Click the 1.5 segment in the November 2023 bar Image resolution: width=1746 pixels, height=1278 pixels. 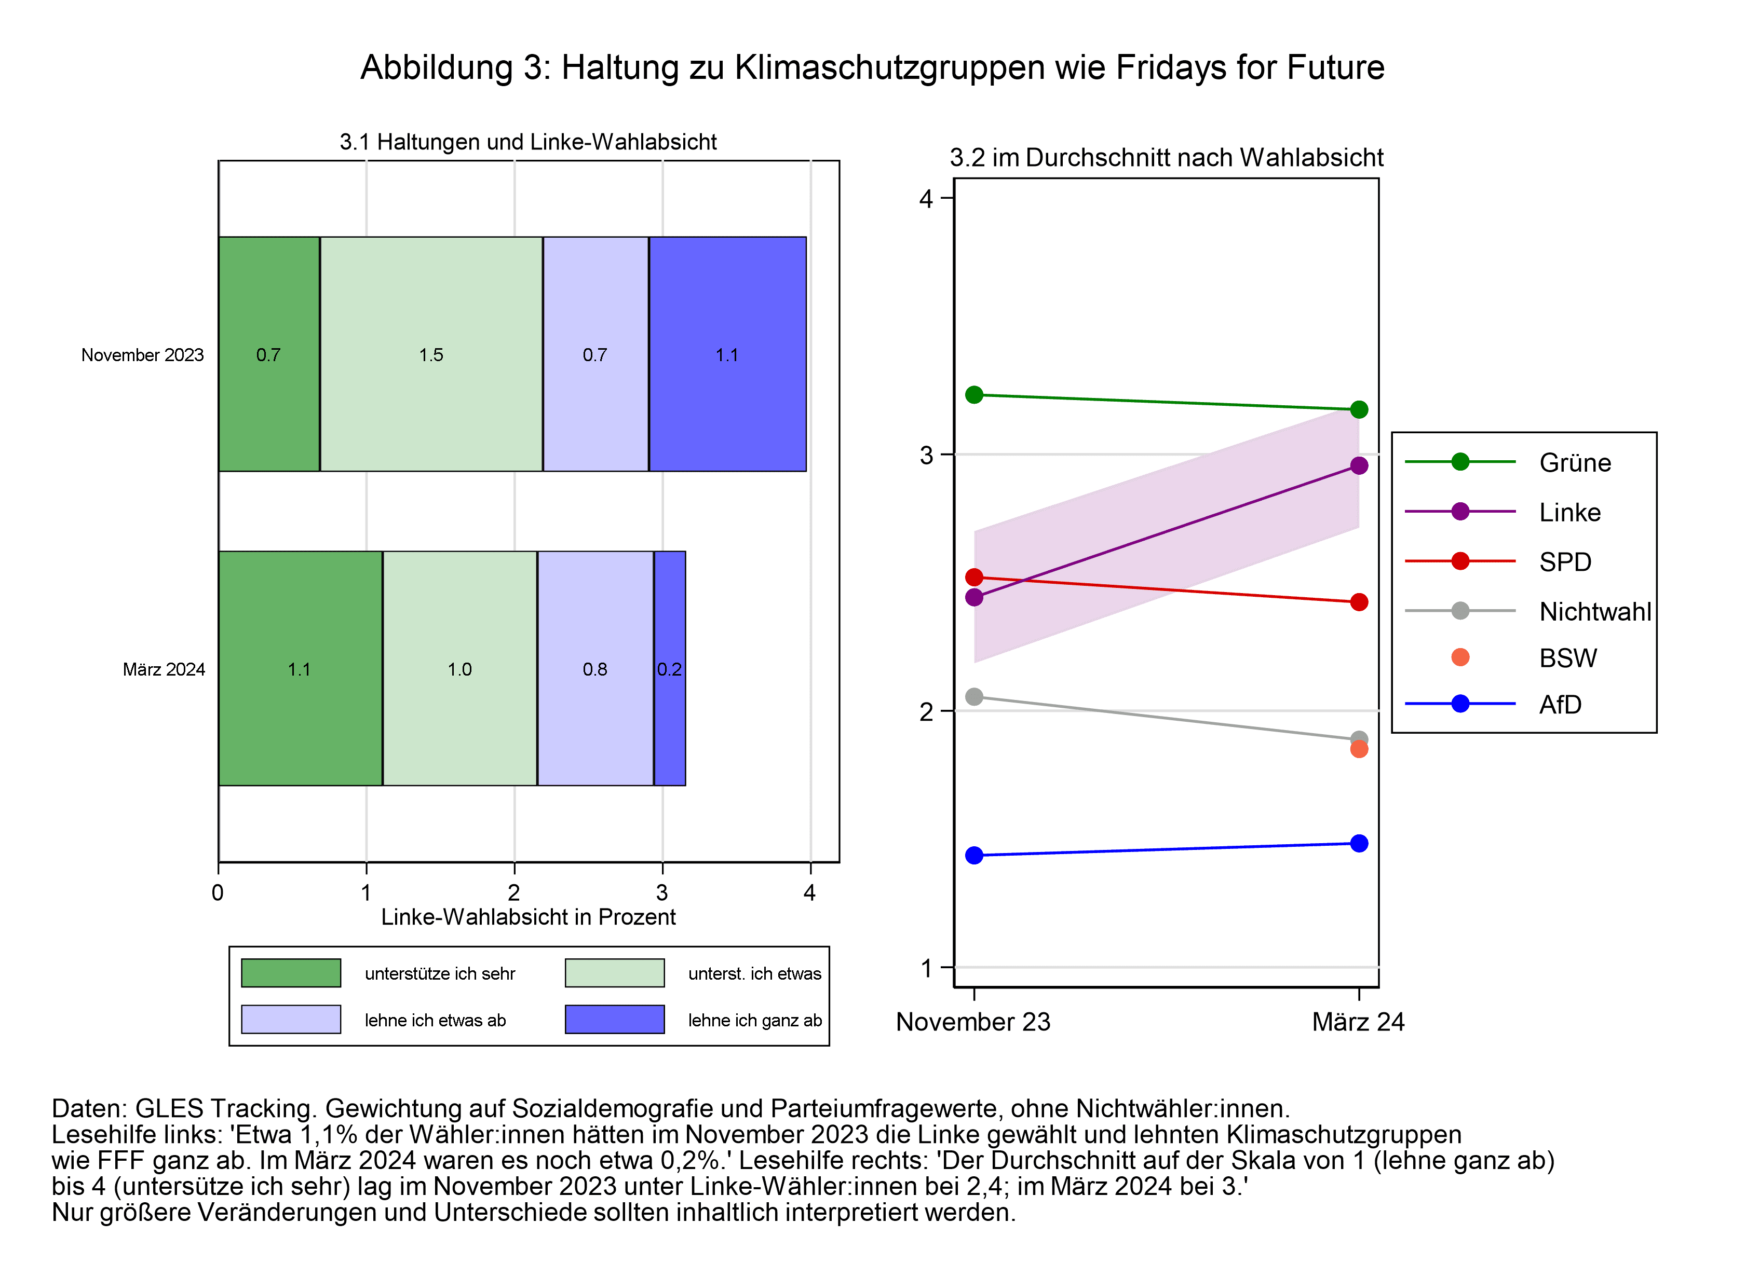(x=431, y=354)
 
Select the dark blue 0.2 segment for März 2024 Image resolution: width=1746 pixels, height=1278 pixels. (x=669, y=668)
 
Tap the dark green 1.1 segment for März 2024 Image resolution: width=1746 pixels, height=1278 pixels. (x=300, y=668)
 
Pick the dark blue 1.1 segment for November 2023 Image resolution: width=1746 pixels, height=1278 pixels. (x=727, y=354)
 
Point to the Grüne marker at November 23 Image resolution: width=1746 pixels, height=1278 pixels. (x=974, y=394)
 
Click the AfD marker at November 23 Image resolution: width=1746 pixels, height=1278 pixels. (x=974, y=855)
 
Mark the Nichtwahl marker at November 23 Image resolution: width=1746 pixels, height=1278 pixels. (x=974, y=697)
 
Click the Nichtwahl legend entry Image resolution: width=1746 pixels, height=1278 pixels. (x=1594, y=611)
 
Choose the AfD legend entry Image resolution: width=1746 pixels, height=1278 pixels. (x=1560, y=704)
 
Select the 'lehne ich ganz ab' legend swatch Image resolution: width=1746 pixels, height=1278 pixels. (x=615, y=1019)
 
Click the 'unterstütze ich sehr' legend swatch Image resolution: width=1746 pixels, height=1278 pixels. (x=291, y=972)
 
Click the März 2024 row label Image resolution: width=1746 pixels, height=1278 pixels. (x=164, y=669)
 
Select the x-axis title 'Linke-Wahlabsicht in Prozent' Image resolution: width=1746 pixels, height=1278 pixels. (x=529, y=917)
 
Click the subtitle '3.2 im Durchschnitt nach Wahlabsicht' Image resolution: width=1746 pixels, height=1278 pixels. (x=1166, y=157)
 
